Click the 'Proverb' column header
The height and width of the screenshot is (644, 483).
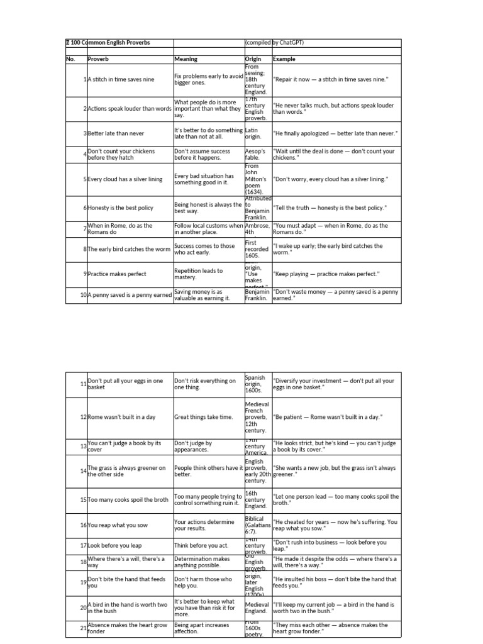(98, 59)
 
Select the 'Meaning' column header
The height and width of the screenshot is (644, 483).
(186, 59)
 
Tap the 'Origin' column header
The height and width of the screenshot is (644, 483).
(253, 59)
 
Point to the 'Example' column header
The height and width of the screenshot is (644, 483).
(284, 59)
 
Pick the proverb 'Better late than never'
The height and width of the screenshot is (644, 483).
(116, 133)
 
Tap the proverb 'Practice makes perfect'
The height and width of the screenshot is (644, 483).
(117, 274)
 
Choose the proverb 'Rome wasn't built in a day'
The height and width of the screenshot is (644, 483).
(121, 417)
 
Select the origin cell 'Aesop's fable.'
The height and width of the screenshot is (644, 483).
(256, 155)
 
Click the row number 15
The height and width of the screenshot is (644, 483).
(83, 500)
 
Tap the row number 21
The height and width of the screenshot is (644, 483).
(83, 628)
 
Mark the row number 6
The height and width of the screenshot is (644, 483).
(84, 208)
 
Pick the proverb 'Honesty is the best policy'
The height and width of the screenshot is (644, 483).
(121, 208)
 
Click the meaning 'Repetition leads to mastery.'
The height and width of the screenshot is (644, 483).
(197, 274)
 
